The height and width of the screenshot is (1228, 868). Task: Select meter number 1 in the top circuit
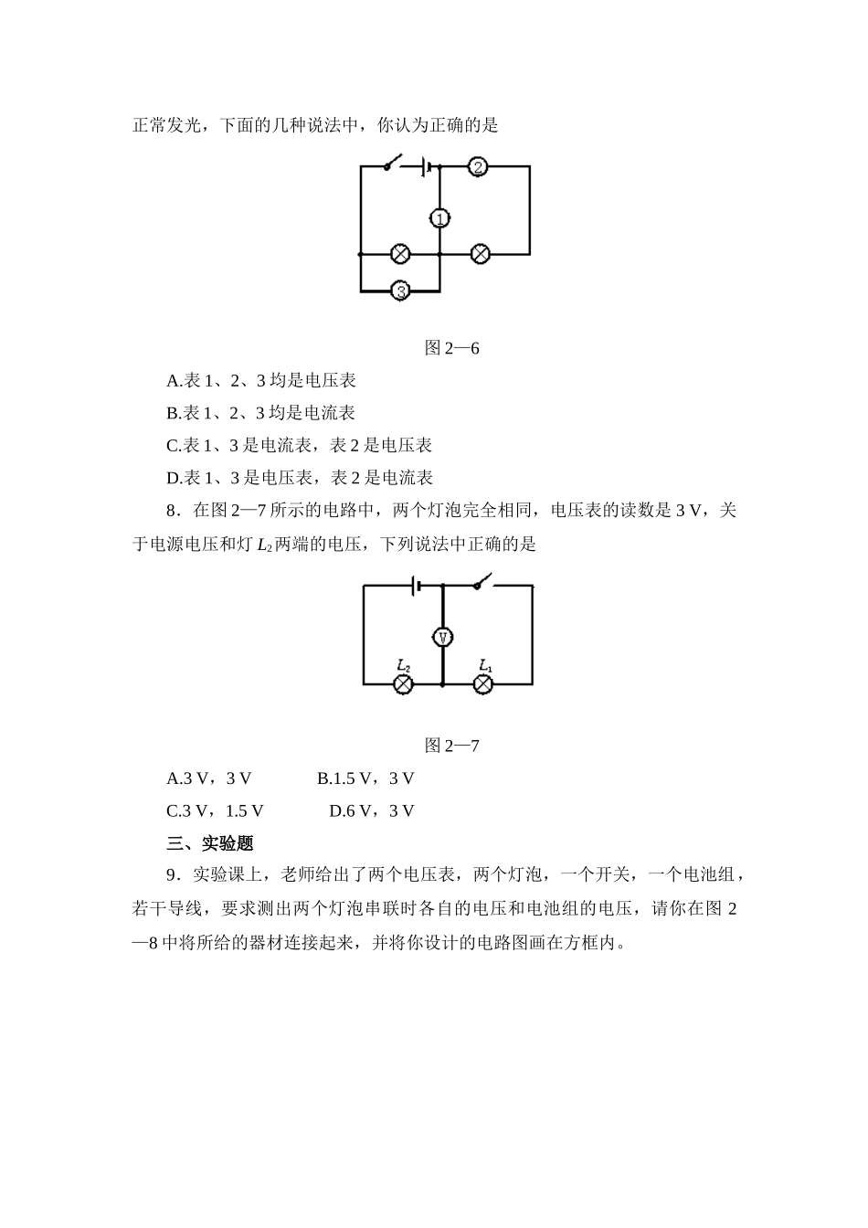[x=439, y=218]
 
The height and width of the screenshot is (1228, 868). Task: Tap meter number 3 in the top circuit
[x=400, y=291]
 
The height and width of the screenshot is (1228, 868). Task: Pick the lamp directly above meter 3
[x=400, y=254]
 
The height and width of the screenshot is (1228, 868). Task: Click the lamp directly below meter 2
[x=480, y=254]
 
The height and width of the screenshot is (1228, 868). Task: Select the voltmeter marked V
[x=442, y=637]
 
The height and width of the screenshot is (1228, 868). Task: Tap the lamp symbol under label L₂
[x=403, y=684]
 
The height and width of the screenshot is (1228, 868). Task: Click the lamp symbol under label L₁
[x=484, y=684]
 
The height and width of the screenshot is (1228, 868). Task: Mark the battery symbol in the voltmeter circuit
[x=416, y=585]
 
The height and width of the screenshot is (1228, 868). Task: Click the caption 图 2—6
[x=452, y=348]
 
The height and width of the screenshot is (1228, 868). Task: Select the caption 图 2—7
[x=452, y=746]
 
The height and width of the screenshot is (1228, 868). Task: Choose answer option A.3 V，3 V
[x=208, y=778]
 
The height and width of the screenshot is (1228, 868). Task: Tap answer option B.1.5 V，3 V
[x=365, y=778]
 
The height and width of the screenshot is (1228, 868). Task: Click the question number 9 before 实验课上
[x=171, y=875]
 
